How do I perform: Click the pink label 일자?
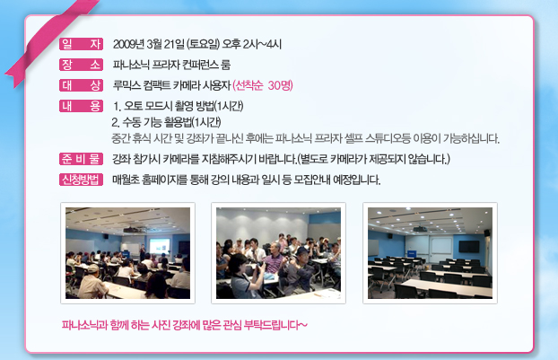pyautogui.click(x=81, y=44)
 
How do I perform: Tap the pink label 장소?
pyautogui.click(x=81, y=65)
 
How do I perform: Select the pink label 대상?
pyautogui.click(x=81, y=85)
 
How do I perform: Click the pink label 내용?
pyautogui.click(x=81, y=106)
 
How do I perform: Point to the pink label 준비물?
pyautogui.click(x=81, y=159)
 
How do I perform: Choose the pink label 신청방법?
pyautogui.click(x=81, y=180)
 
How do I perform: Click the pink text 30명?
pyautogui.click(x=280, y=85)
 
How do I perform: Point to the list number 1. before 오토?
pyautogui.click(x=118, y=106)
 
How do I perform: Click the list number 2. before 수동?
pyautogui.click(x=116, y=122)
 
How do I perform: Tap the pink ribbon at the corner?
pyautogui.click(x=50, y=40)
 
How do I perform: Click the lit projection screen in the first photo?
pyautogui.click(x=160, y=246)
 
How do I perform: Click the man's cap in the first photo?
pyautogui.click(x=92, y=268)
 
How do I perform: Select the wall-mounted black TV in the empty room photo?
pyautogui.click(x=468, y=246)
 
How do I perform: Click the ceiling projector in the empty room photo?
pyautogui.click(x=420, y=229)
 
